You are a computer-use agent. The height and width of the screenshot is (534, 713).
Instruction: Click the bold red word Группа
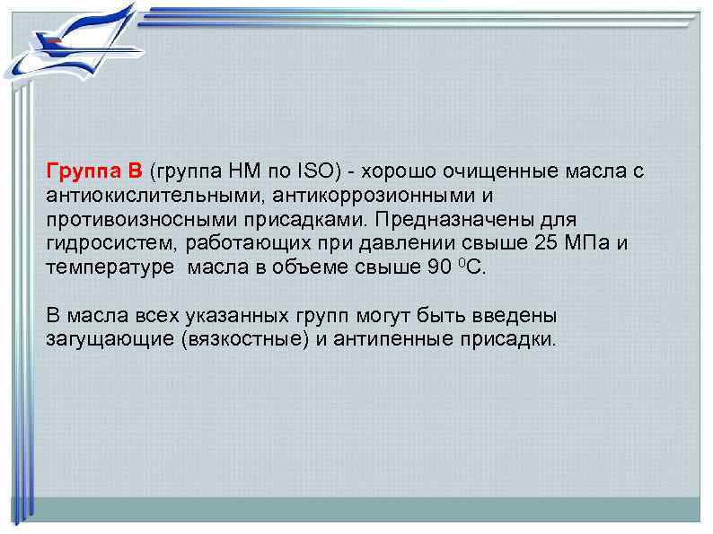pos(81,171)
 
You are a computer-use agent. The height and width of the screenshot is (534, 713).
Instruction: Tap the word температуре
pos(101,268)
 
